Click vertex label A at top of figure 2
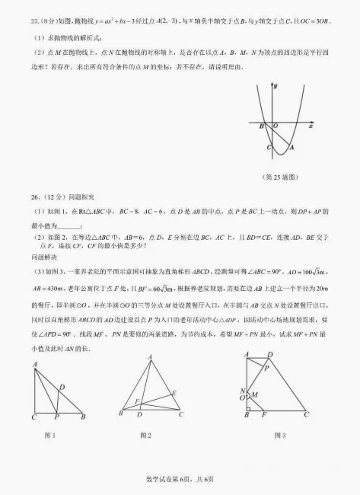pyautogui.click(x=149, y=356)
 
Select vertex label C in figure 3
pyautogui.click(x=307, y=415)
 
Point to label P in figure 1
pyautogui.click(x=57, y=417)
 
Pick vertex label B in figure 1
pyautogui.click(x=82, y=416)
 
